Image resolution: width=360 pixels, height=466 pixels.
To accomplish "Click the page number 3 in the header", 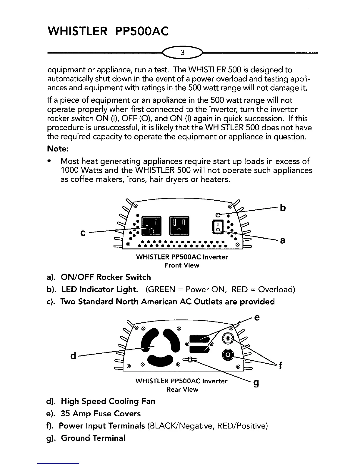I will tap(183, 53).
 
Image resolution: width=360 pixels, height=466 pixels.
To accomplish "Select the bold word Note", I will tap(58, 149).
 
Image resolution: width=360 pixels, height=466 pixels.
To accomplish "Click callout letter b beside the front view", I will tap(283, 208).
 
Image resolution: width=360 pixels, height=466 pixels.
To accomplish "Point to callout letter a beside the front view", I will tap(283, 241).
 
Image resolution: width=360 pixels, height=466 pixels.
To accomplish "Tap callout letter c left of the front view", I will tap(83, 233).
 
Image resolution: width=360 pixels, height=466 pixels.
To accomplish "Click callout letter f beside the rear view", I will tap(281, 366).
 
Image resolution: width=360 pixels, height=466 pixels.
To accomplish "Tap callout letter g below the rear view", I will tap(256, 383).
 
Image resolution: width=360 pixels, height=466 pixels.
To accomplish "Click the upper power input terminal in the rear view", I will tap(228, 338).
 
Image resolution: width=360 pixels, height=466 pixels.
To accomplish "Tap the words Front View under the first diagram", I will tap(182, 265).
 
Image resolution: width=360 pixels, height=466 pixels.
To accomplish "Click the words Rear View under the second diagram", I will tap(182, 390).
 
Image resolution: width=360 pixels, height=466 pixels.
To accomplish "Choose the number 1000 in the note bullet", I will tap(69, 170).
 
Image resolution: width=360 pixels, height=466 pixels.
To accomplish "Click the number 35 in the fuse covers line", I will tap(65, 414).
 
